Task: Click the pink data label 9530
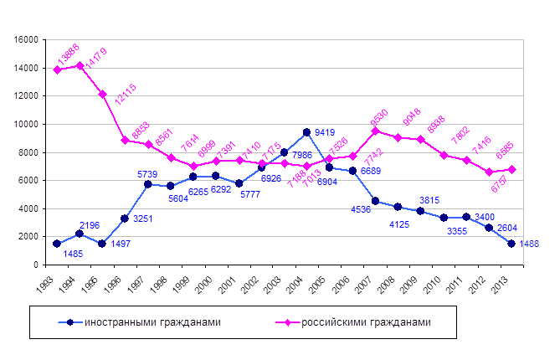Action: (x=379, y=113)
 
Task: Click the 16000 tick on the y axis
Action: (x=28, y=39)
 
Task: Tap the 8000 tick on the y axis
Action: (x=30, y=152)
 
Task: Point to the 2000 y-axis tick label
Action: (x=30, y=237)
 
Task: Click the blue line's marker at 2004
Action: (x=307, y=132)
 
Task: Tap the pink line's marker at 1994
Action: (x=80, y=65)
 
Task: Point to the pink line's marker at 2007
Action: (x=375, y=131)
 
